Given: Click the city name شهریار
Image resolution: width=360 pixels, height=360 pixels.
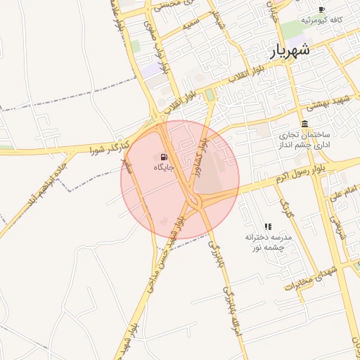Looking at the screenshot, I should (x=289, y=51).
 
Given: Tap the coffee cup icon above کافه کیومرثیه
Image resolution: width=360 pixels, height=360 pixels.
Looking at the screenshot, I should (x=322, y=9).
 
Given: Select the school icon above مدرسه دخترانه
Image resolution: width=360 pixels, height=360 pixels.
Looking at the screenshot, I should (x=268, y=226).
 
